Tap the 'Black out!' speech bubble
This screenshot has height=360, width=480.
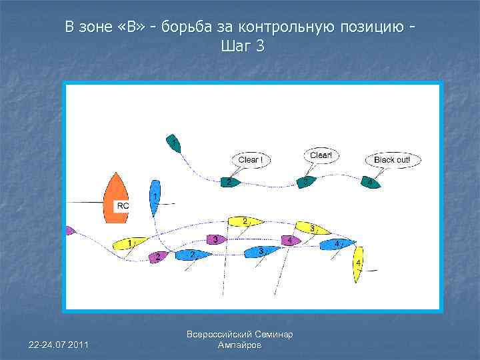(393, 160)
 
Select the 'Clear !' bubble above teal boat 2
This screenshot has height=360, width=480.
(250, 160)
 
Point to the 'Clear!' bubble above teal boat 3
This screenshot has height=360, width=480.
(321, 155)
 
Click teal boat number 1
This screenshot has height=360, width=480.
(173, 143)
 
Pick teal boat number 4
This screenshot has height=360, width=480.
(371, 182)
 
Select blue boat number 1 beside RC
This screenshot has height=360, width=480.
(155, 197)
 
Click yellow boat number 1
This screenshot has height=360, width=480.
(127, 243)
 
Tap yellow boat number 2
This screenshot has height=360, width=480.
(244, 221)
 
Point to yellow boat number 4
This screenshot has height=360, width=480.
(359, 264)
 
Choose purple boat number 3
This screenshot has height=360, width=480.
(213, 239)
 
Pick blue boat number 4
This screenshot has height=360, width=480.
(338, 244)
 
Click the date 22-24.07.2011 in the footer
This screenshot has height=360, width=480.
(59, 343)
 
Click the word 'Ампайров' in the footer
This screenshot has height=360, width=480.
(240, 345)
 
